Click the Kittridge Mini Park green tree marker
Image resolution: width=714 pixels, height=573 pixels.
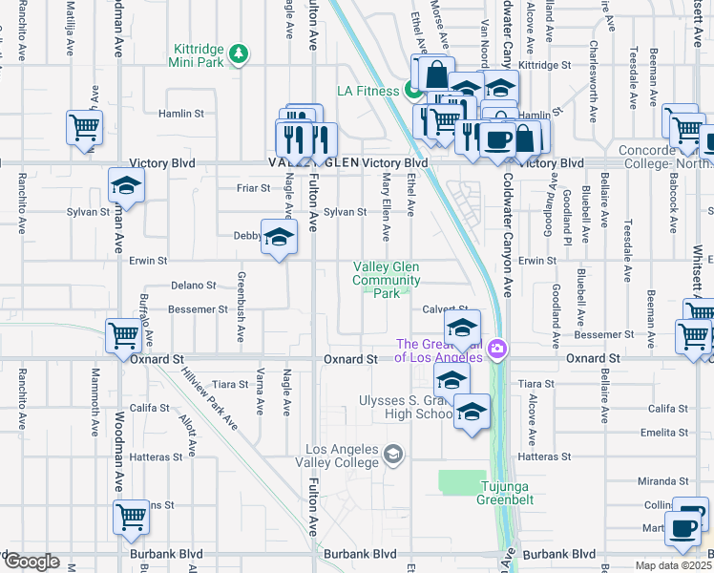coord(238,53)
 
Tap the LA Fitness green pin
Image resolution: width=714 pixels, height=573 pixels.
coord(412,92)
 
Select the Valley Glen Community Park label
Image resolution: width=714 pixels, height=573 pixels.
coord(387,280)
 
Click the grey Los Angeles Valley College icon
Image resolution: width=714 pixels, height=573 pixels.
coord(392,453)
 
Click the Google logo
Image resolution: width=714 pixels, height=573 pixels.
coord(31,562)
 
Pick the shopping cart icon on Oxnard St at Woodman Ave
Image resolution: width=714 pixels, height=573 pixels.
coord(124,335)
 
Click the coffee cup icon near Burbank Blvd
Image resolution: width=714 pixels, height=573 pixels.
coord(683,530)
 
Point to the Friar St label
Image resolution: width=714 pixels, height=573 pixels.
coord(253,188)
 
